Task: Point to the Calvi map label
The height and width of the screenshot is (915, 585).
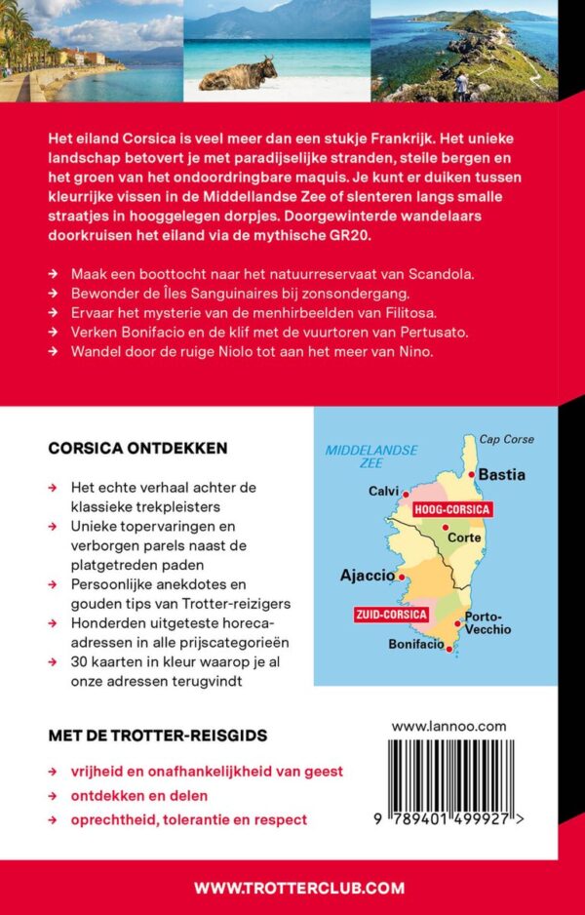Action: pyautogui.click(x=383, y=491)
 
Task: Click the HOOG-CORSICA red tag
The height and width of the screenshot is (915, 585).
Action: pyautogui.click(x=451, y=510)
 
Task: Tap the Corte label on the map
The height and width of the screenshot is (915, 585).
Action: pyautogui.click(x=463, y=537)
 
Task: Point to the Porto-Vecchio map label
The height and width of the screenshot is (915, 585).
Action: pyautogui.click(x=487, y=622)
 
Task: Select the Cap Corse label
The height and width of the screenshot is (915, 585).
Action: pyautogui.click(x=507, y=439)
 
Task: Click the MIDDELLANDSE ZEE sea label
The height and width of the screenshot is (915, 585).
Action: pyautogui.click(x=370, y=457)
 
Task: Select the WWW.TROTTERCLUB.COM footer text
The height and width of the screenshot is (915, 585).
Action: pyautogui.click(x=298, y=888)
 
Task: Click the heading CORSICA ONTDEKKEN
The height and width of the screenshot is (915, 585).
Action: pyautogui.click(x=137, y=449)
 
